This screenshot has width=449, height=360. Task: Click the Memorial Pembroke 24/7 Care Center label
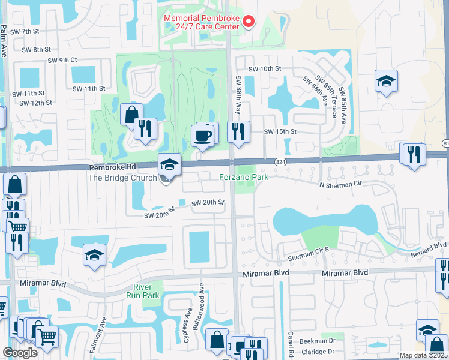click(202, 22)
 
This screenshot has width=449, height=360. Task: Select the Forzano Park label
click(242, 177)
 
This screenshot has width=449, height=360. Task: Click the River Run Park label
click(143, 291)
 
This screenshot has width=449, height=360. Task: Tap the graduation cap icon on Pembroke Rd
click(169, 164)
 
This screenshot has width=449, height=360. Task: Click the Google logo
click(20, 352)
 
